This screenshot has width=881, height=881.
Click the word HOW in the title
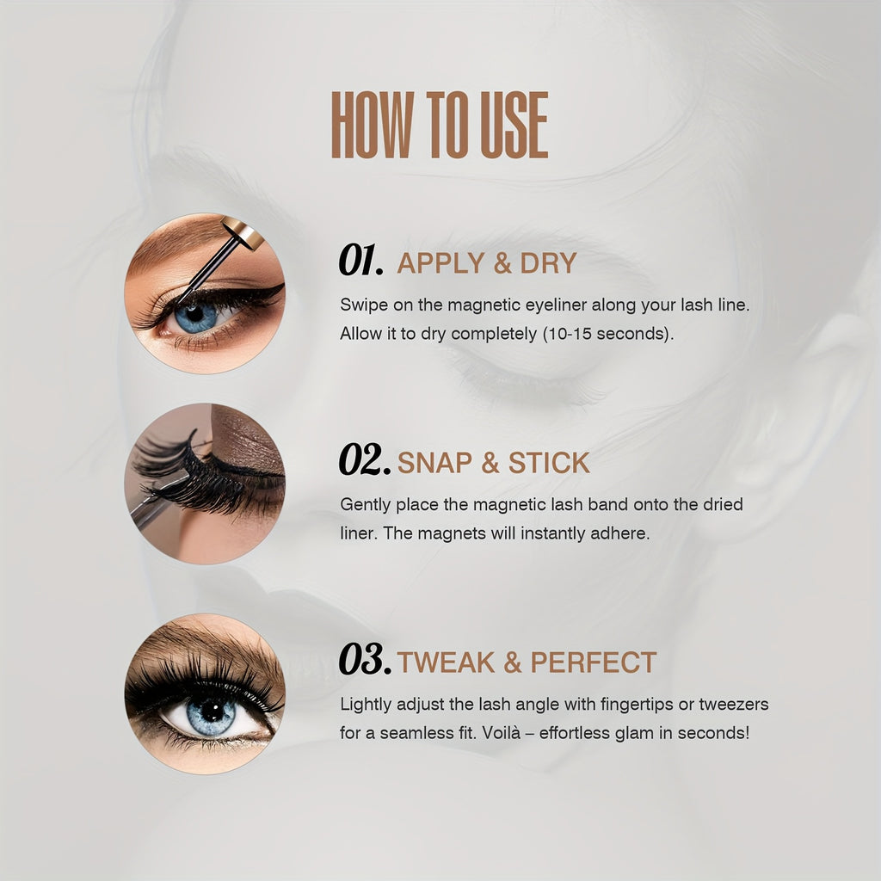click(373, 125)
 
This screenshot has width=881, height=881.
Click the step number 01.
click(361, 260)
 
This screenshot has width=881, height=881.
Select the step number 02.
click(365, 459)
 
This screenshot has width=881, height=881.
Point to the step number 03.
click(365, 658)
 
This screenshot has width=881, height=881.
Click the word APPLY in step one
click(440, 263)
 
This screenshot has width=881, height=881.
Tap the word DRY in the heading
click(548, 263)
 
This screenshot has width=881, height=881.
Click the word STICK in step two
click(549, 463)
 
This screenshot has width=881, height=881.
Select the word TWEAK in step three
click(446, 662)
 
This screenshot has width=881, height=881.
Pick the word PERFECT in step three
click(594, 662)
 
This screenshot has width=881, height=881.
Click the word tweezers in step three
click(734, 705)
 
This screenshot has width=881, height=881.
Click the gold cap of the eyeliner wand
click(243, 231)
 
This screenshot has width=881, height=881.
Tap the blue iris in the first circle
click(195, 317)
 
